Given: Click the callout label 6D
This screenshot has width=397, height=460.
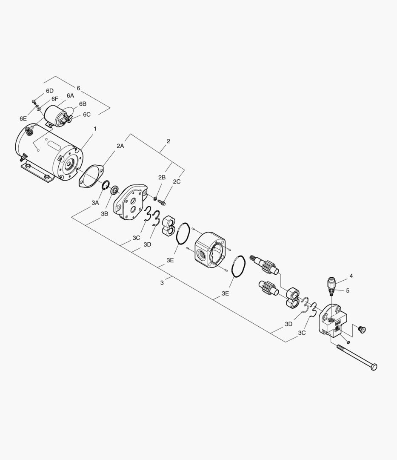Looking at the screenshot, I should coord(50,91).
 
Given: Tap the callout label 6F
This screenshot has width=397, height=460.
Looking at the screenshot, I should coord(54,99).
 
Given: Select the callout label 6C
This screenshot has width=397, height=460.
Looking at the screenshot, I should coord(87,115).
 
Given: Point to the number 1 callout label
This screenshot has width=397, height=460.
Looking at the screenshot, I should coord(95,129).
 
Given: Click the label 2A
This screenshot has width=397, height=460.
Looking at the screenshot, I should coord(120,146).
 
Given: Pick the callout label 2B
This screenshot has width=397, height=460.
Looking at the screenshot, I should coord(162,177).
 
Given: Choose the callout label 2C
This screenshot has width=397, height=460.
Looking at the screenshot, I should coord(177,182).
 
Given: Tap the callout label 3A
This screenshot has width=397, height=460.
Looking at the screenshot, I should coord(95,203).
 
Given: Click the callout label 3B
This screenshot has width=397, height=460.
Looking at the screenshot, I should coord(104,213).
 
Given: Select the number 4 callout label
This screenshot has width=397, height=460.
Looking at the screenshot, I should coord(351,276).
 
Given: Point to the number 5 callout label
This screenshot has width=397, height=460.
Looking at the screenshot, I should coord(347,290).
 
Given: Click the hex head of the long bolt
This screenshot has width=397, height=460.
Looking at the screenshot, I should coord(374,367).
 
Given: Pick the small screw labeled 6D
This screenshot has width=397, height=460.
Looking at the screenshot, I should coord(34,101).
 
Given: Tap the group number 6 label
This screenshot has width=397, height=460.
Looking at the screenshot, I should coord(78,88).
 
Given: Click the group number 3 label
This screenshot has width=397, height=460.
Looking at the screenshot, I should coord(162,282).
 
